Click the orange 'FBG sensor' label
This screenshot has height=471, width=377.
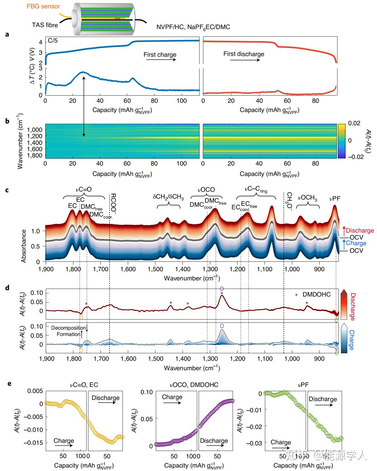point(43,6)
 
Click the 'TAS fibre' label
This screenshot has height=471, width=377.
point(45,25)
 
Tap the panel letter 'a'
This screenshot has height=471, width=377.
point(7,35)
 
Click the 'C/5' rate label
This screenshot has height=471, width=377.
point(52,41)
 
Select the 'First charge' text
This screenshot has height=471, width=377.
point(160,55)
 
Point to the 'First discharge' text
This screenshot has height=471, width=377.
point(244,54)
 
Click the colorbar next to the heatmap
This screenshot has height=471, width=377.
point(341,141)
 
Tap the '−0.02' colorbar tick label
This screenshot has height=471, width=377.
point(356,157)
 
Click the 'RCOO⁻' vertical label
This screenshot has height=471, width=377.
point(113,204)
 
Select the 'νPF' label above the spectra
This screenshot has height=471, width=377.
point(335,198)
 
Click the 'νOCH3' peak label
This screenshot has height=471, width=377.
point(307,198)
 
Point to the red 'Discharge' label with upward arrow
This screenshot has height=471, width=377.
point(359,231)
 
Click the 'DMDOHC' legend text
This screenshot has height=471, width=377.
point(316,295)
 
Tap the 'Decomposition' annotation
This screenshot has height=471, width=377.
point(69,328)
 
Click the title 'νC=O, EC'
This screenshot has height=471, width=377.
point(84,385)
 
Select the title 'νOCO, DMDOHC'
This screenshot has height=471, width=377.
point(194,385)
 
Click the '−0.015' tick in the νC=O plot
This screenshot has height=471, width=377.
point(33,443)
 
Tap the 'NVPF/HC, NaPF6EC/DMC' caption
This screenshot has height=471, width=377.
point(193,27)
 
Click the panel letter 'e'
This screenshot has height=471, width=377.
point(10,384)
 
